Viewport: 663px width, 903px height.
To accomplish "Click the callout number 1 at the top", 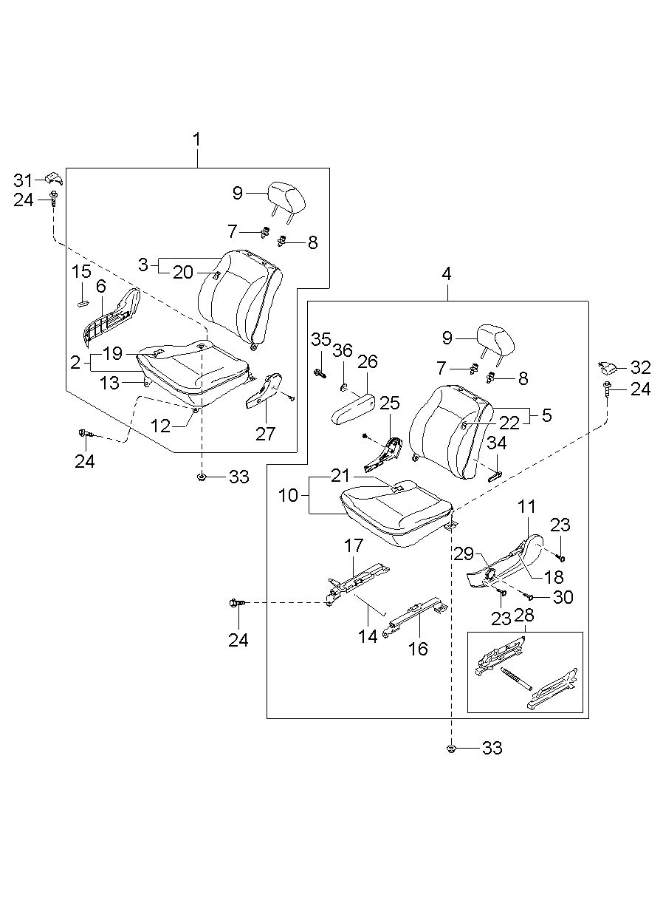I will pyautogui.click(x=197, y=139).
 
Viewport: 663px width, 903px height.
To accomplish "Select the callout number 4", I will pyautogui.click(x=446, y=273).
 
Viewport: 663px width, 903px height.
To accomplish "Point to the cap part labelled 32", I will pyautogui.click(x=608, y=367).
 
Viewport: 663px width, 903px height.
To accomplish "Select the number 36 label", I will pyautogui.click(x=342, y=351).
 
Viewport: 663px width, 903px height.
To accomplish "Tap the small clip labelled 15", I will pyautogui.click(x=82, y=302).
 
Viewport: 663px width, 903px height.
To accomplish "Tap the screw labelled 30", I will pyautogui.click(x=529, y=595).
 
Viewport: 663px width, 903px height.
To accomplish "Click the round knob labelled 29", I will pyautogui.click(x=488, y=574).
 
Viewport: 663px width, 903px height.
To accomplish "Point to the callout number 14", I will pyautogui.click(x=368, y=635).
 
